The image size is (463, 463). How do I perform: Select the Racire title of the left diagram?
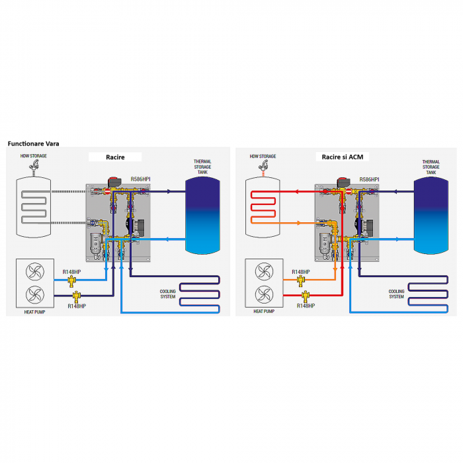click(x=115, y=157)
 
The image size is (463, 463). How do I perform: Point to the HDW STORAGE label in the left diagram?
click(x=34, y=156)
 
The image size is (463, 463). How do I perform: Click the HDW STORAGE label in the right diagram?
click(x=263, y=156)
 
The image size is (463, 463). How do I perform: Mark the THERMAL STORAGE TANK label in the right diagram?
click(x=431, y=167)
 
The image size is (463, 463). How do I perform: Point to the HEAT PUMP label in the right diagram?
click(x=263, y=310)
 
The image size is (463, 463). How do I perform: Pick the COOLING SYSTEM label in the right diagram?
click(x=397, y=294)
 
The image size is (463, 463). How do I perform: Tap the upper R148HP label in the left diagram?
click(x=72, y=272)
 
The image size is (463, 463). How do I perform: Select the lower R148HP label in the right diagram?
click(x=306, y=306)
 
